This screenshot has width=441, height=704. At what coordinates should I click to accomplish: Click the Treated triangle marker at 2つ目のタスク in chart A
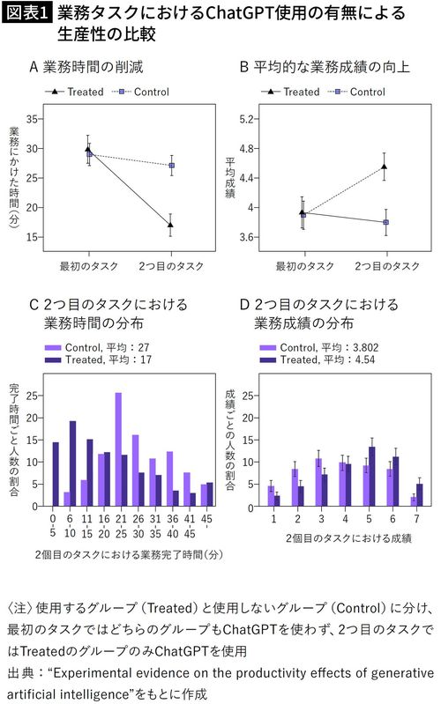click(x=170, y=225)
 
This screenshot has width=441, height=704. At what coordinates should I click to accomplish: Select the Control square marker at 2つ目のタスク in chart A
click(x=170, y=166)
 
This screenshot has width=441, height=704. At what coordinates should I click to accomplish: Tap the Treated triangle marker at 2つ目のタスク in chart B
click(x=385, y=166)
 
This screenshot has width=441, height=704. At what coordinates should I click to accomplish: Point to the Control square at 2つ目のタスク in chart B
click(x=385, y=222)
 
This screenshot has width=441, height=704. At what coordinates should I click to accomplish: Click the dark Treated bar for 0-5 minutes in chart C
click(x=56, y=473)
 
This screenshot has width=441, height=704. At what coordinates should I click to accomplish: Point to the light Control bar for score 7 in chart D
click(x=413, y=500)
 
